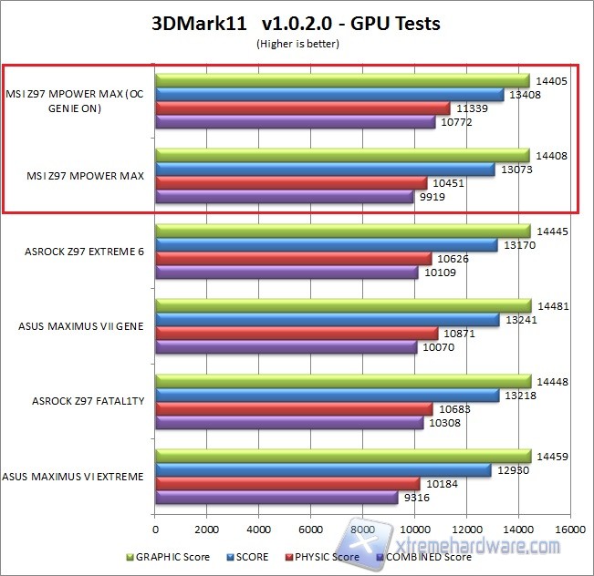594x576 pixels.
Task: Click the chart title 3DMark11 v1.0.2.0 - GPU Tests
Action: [x=296, y=24]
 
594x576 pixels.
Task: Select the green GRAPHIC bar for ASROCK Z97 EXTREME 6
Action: [x=343, y=231]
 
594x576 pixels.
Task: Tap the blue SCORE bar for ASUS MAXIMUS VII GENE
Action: [x=328, y=319]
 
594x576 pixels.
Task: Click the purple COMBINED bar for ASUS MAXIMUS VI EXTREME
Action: [x=276, y=498]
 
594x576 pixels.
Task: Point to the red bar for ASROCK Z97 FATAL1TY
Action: [x=294, y=408]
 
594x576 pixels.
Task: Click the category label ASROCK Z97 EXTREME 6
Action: [x=84, y=251]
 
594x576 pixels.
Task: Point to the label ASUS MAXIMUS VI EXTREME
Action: [x=73, y=476]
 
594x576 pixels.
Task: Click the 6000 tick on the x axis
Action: [x=311, y=529]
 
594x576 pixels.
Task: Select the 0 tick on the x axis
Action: [x=156, y=529]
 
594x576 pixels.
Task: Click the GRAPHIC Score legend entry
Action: [x=172, y=557]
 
